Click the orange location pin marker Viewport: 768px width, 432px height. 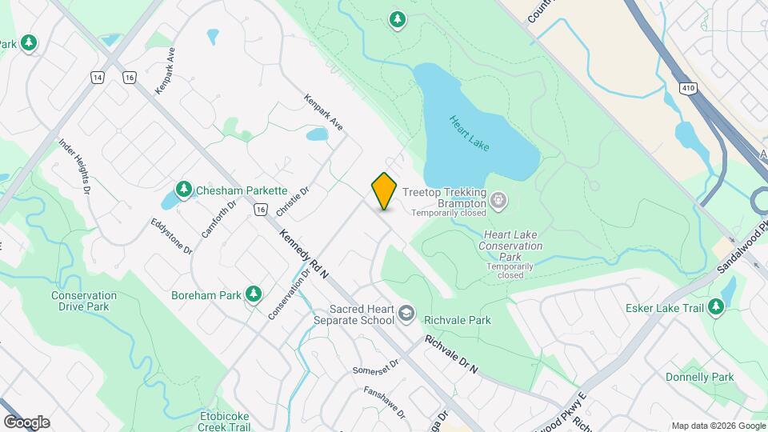(x=385, y=190)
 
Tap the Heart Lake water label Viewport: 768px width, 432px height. (x=470, y=133)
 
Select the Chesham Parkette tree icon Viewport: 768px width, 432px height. (x=184, y=190)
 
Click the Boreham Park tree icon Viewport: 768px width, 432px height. (x=254, y=294)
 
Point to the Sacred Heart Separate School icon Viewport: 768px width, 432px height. (x=406, y=314)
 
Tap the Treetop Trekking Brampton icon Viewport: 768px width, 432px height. (x=498, y=199)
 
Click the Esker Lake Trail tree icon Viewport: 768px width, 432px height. (x=716, y=306)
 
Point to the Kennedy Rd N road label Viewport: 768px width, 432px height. (x=305, y=254)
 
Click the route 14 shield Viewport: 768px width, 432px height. (x=98, y=77)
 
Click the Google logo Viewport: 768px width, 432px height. (x=26, y=422)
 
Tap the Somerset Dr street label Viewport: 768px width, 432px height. (x=374, y=370)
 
